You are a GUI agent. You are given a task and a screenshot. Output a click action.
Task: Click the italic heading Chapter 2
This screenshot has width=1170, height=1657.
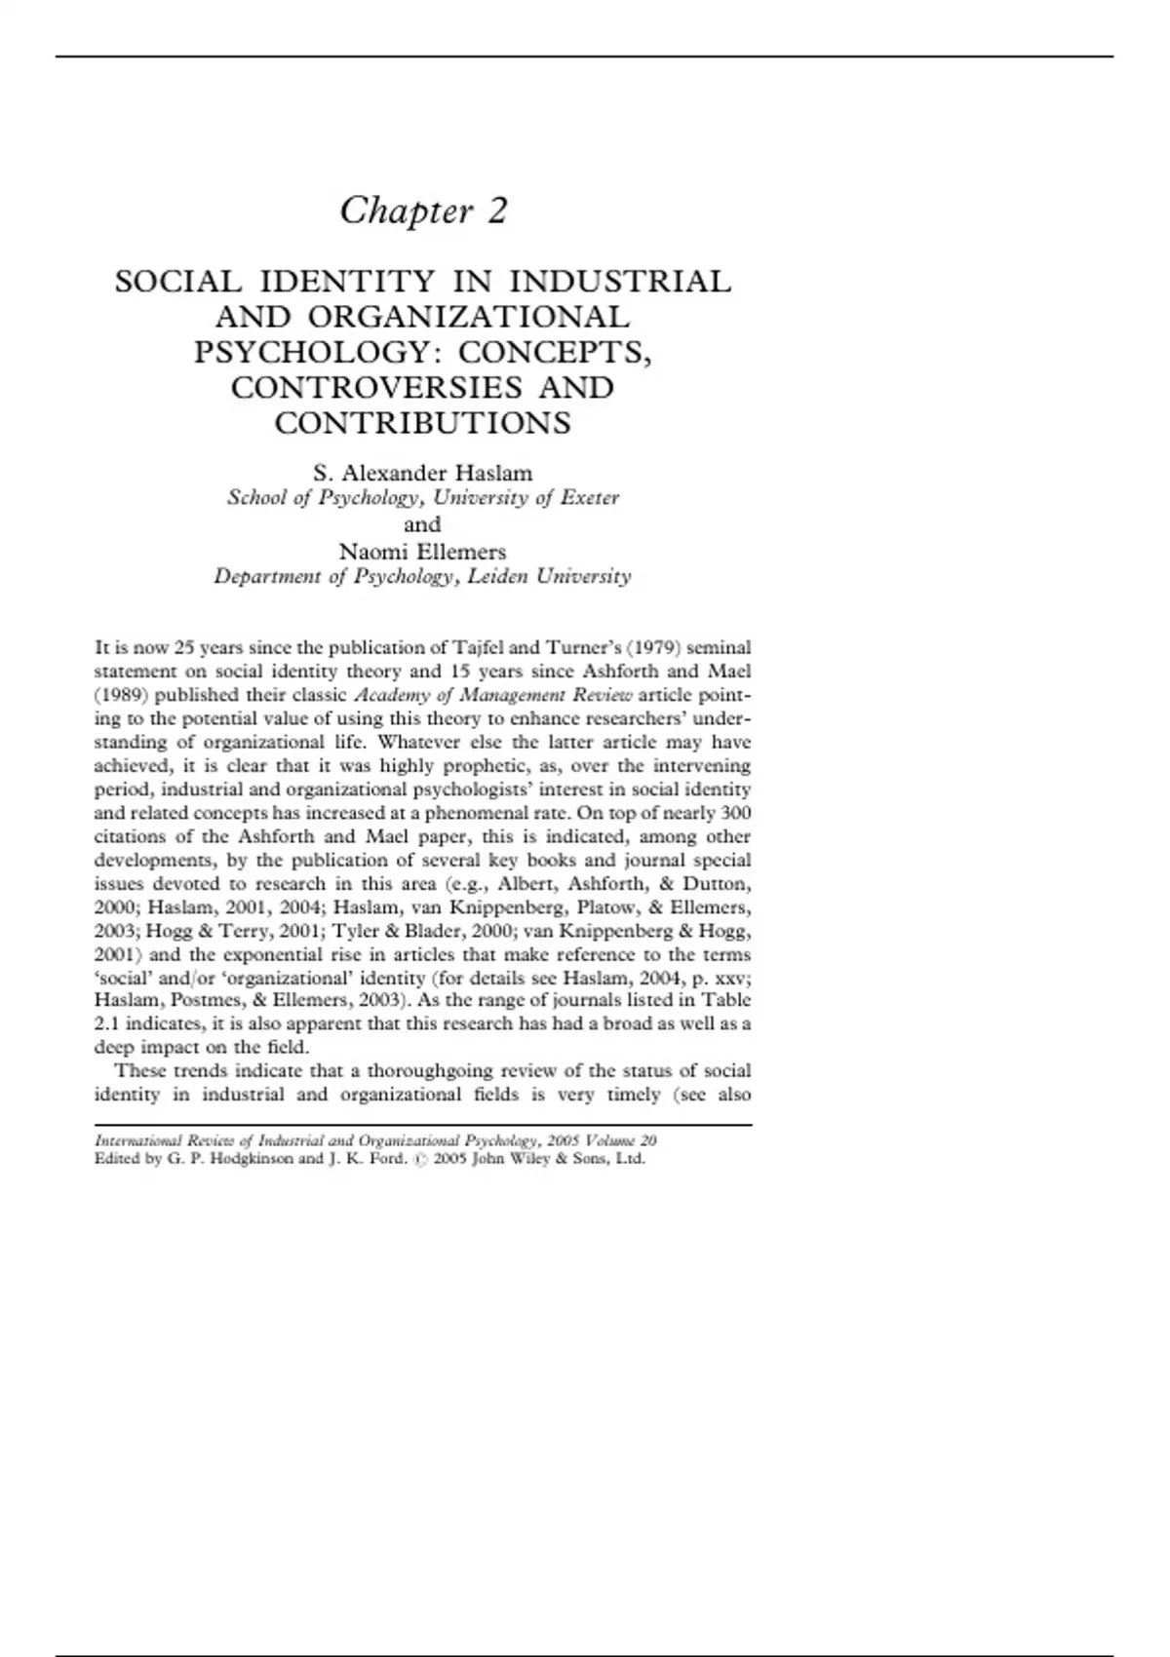(423, 211)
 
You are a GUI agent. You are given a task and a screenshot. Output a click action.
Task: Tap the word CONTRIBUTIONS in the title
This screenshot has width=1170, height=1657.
(422, 423)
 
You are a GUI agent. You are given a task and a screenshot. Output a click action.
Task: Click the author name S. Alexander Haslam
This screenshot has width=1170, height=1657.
(422, 473)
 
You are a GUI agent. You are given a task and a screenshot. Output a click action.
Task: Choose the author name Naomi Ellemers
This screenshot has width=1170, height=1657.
(422, 551)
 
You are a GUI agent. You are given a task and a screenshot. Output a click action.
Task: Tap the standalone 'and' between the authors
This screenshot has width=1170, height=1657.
(422, 524)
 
